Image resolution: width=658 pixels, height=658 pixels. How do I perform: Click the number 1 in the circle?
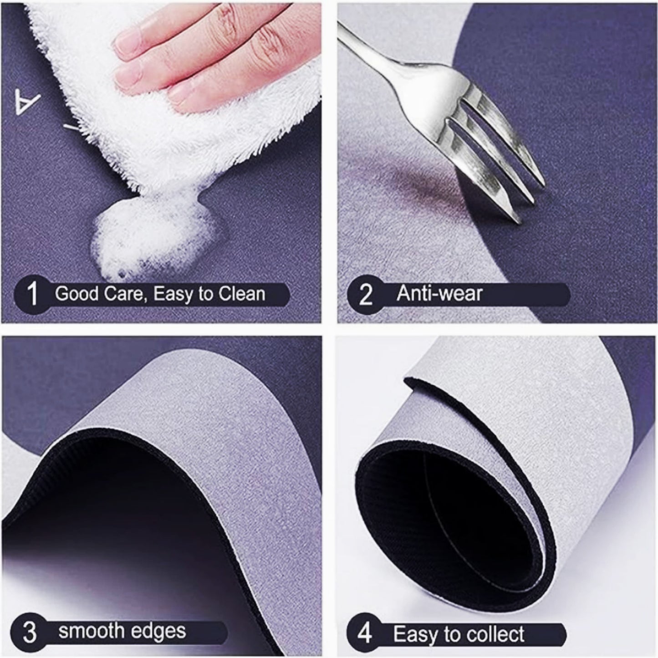[32, 294]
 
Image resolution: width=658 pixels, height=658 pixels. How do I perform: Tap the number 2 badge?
[365, 295]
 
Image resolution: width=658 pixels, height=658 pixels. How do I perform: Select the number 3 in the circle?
[30, 632]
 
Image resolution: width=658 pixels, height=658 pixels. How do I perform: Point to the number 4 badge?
[364, 633]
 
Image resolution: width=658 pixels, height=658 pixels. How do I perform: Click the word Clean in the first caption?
[241, 294]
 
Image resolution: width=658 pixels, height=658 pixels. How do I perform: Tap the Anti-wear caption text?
[439, 294]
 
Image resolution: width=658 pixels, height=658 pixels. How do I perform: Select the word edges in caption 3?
[162, 632]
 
